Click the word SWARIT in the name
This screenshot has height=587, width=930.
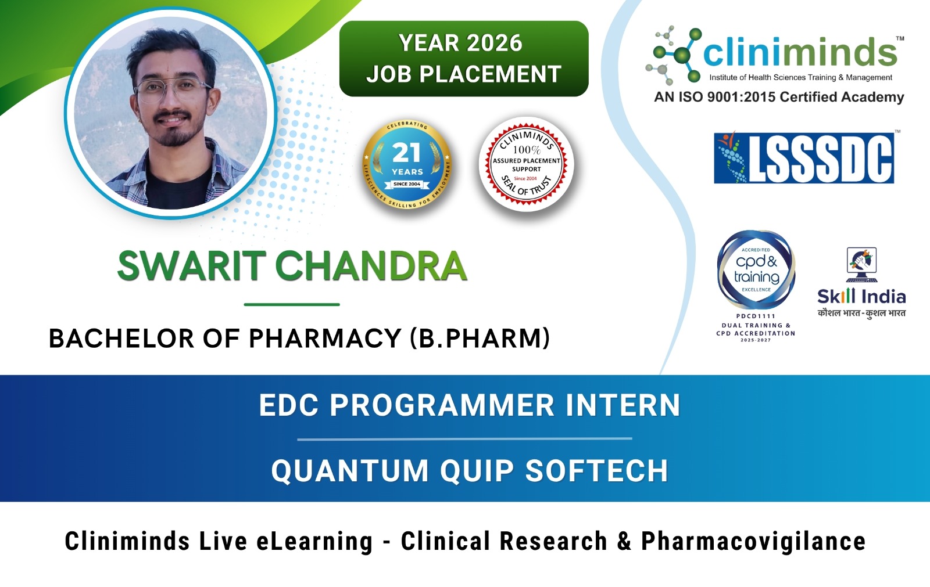coord(192,266)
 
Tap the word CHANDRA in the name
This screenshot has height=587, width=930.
coord(371,266)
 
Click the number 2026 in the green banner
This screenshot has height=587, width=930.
coord(494,43)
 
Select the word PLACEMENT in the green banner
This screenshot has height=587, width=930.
coord(490,74)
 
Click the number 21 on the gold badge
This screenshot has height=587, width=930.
coord(406,153)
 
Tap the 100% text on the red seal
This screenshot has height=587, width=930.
coord(527,150)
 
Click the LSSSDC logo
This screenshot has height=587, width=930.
coord(804,158)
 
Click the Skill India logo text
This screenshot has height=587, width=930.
coord(861,297)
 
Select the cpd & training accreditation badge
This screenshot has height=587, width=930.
coord(756,269)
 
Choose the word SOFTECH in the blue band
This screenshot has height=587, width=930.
coord(596,470)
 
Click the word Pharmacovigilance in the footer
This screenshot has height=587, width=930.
coord(753,541)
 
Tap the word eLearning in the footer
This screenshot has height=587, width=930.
coord(314,541)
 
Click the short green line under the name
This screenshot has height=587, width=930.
coord(292,304)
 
